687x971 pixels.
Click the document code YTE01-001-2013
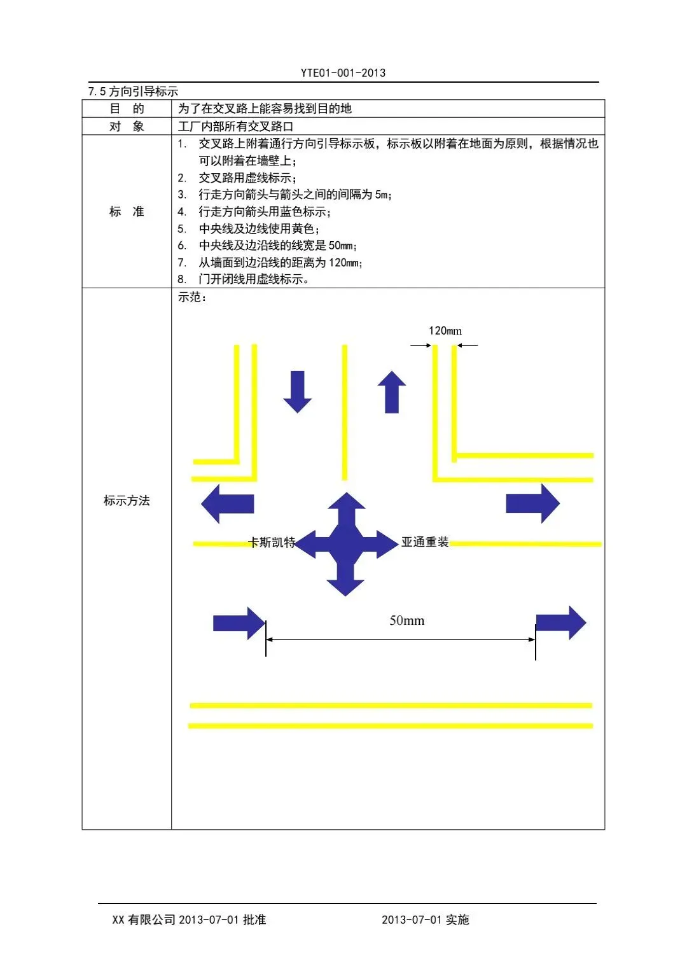pyautogui.click(x=343, y=73)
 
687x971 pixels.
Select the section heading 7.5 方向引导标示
pyautogui.click(x=133, y=92)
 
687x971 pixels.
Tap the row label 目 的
pyautogui.click(x=127, y=109)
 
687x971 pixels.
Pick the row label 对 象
pyautogui.click(x=127, y=127)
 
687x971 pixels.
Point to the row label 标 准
pyautogui.click(x=127, y=212)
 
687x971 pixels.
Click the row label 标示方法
pyautogui.click(x=127, y=501)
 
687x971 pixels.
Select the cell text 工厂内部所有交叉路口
pyautogui.click(x=235, y=127)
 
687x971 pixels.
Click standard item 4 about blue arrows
pyautogui.click(x=264, y=212)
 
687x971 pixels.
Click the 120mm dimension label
pyautogui.click(x=445, y=331)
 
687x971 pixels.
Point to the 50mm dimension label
pyautogui.click(x=406, y=620)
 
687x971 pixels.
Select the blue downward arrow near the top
pyautogui.click(x=297, y=391)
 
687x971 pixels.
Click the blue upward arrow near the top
pyautogui.click(x=392, y=391)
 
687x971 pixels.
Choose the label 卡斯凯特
pyautogui.click(x=272, y=543)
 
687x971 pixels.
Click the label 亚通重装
pyautogui.click(x=425, y=542)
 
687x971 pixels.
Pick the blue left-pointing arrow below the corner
pyautogui.click(x=227, y=503)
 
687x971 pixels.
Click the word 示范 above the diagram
pyautogui.click(x=190, y=297)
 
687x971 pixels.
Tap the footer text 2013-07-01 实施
pyautogui.click(x=425, y=919)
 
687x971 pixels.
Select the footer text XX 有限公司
pyautogui.click(x=144, y=919)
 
